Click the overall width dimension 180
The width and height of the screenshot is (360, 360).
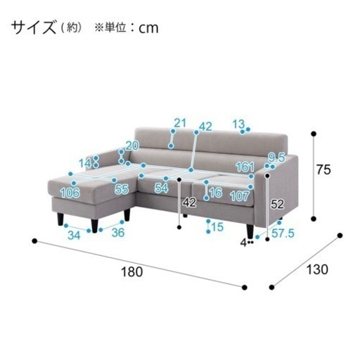[x=131, y=272]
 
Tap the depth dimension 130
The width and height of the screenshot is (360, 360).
[x=317, y=269]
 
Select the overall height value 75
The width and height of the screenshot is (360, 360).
[x=323, y=169]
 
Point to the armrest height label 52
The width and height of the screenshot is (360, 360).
[x=277, y=204]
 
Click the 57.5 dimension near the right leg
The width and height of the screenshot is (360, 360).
[x=283, y=233]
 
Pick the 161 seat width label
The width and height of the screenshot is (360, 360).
[x=245, y=167]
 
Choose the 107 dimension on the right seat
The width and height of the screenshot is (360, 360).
[x=239, y=196]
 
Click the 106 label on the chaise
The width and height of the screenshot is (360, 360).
[x=70, y=193]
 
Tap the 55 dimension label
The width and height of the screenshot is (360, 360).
[x=122, y=189]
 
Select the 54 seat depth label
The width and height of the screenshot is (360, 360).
[x=162, y=188]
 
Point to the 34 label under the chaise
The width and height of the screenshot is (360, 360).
[x=74, y=235]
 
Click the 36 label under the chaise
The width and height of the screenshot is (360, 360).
[x=118, y=233]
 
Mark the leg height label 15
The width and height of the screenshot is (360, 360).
[x=217, y=226]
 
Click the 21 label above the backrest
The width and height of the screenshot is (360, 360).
[x=180, y=123]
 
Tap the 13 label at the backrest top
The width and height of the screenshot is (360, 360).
[x=238, y=124]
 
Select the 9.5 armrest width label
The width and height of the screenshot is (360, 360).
[x=276, y=157]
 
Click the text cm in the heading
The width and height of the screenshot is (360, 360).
[x=148, y=28]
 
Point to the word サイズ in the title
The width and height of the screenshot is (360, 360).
[x=34, y=27]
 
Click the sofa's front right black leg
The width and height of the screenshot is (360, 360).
[x=250, y=231]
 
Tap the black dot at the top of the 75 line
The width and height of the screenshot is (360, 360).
[x=314, y=134]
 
